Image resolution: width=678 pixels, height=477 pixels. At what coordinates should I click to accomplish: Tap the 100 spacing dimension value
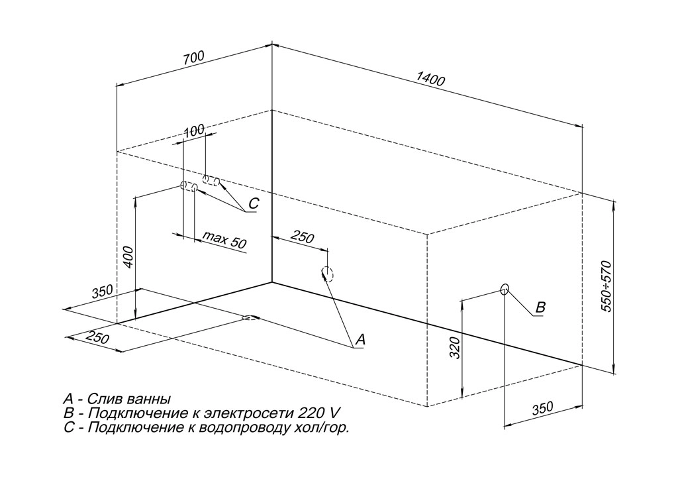pyautogui.click(x=193, y=131)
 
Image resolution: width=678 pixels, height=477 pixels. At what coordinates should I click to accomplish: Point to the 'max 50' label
pyautogui.click(x=224, y=240)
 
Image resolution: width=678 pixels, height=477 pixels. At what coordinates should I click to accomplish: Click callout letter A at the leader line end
pyautogui.click(x=360, y=339)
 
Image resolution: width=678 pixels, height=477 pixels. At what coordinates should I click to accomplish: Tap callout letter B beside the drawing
pyautogui.click(x=540, y=307)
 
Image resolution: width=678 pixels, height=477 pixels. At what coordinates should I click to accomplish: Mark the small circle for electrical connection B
pyautogui.click(x=505, y=289)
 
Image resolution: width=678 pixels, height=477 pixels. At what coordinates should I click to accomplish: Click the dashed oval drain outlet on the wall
pyautogui.click(x=327, y=274)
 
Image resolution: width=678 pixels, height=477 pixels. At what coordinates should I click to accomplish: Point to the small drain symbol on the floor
pyautogui.click(x=250, y=317)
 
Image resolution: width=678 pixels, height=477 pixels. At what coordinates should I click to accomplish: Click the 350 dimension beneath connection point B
pyautogui.click(x=542, y=408)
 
